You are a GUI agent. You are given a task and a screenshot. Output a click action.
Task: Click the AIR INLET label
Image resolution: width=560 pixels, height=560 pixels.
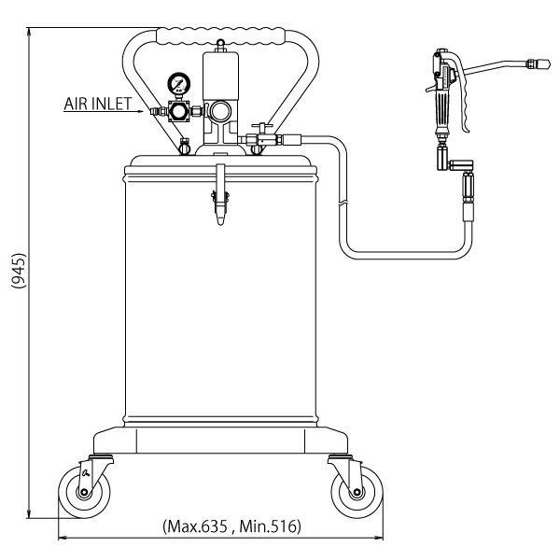point(98,104)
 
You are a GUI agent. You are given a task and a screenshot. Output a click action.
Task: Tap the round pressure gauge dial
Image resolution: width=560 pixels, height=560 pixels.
point(179,83)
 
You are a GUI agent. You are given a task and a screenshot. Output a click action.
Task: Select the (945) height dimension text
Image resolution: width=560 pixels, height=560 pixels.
point(19,271)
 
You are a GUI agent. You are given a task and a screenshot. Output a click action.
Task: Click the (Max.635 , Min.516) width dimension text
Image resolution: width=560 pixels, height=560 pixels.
point(231,526)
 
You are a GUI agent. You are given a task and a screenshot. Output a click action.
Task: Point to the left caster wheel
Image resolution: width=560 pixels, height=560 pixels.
point(84,492)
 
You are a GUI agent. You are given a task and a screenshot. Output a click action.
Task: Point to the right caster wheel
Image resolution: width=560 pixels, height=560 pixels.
point(357,492)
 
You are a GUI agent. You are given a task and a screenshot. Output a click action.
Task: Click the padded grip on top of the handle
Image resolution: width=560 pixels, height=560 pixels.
point(221,36)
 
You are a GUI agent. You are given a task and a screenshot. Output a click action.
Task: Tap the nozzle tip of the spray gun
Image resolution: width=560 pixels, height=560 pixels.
point(543,65)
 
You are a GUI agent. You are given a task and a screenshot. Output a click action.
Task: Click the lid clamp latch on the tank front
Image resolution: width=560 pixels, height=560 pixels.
point(220,195)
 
